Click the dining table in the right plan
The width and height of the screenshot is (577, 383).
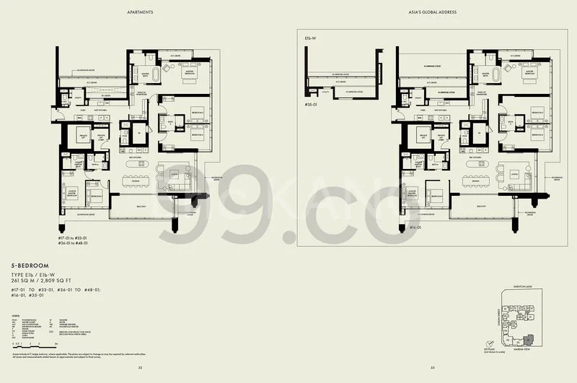[472, 173]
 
